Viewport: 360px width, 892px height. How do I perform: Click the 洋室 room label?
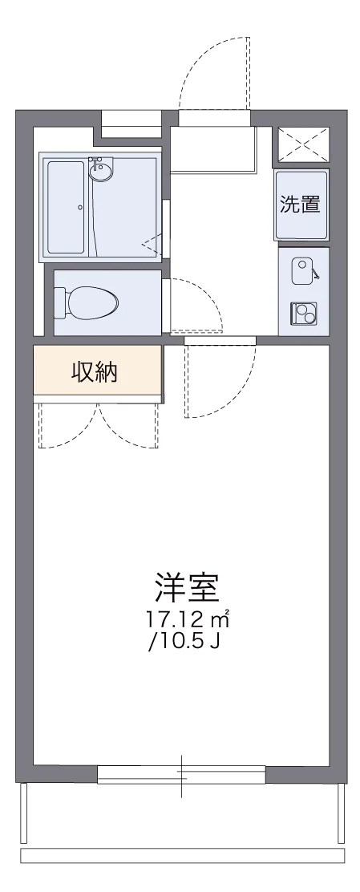click(x=187, y=589)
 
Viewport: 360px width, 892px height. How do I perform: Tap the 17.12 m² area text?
click(x=188, y=619)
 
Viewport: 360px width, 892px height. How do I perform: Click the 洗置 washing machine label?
click(x=301, y=205)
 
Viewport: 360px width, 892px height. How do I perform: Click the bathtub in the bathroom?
click(x=66, y=207)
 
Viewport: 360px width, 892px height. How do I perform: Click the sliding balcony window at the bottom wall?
click(x=181, y=773)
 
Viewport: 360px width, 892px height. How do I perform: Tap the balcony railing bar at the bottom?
click(x=182, y=855)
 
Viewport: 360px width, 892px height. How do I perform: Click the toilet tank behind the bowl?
click(x=59, y=303)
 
